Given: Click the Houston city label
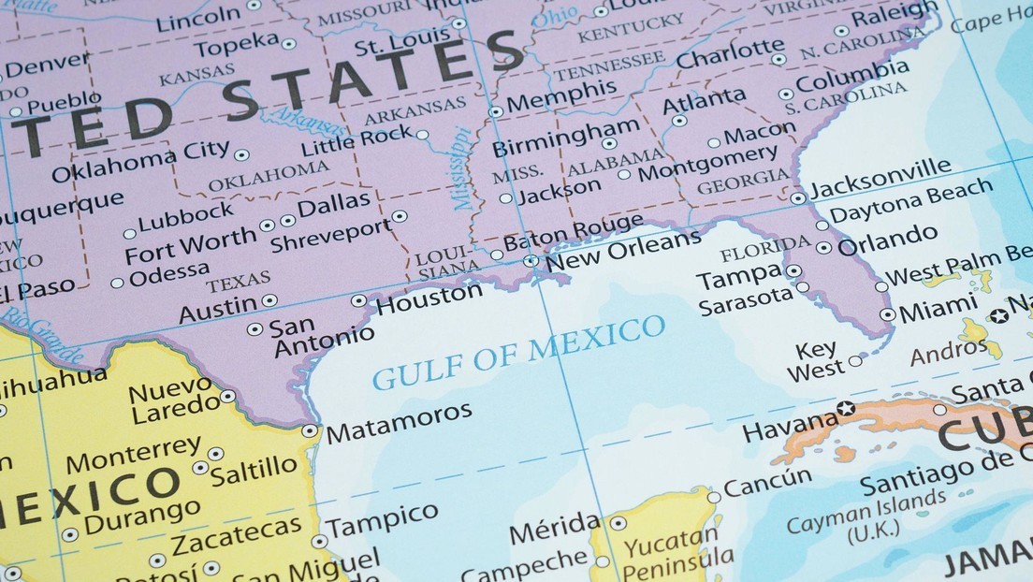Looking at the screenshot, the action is (x=429, y=298).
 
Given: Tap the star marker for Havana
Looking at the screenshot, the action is (x=846, y=408).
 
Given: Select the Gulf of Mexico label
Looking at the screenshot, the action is (x=519, y=352).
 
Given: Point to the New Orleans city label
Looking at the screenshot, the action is (x=623, y=248).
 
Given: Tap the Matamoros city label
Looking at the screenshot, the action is (x=398, y=422).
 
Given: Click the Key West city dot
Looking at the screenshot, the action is (x=855, y=360).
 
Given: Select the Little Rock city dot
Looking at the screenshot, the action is (x=423, y=135).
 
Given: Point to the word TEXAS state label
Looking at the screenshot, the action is (x=239, y=281).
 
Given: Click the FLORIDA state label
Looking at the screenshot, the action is (x=765, y=249).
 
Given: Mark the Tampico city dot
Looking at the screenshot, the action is (x=319, y=541).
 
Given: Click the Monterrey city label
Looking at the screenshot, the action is (x=132, y=456).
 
